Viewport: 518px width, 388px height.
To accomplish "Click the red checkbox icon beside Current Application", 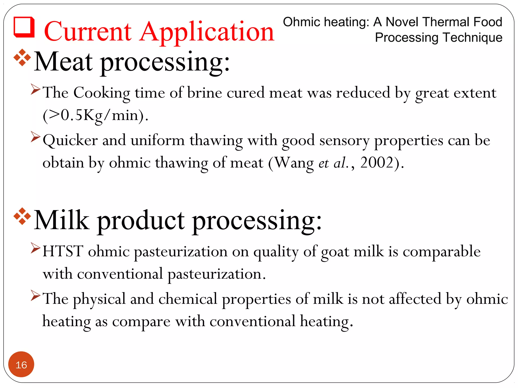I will (24, 27).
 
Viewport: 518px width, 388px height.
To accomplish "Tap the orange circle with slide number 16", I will (21, 364).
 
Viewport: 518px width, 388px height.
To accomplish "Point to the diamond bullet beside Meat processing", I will (22, 58).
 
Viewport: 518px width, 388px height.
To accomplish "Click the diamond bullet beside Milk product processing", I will (22, 216).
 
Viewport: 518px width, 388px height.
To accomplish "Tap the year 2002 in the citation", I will (377, 162).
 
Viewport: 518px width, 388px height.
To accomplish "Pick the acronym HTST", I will (63, 251).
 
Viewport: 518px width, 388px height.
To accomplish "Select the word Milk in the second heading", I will (62, 220).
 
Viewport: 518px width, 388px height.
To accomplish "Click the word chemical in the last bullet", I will (188, 299).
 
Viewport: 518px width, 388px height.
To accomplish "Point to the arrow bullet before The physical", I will (35, 296).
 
